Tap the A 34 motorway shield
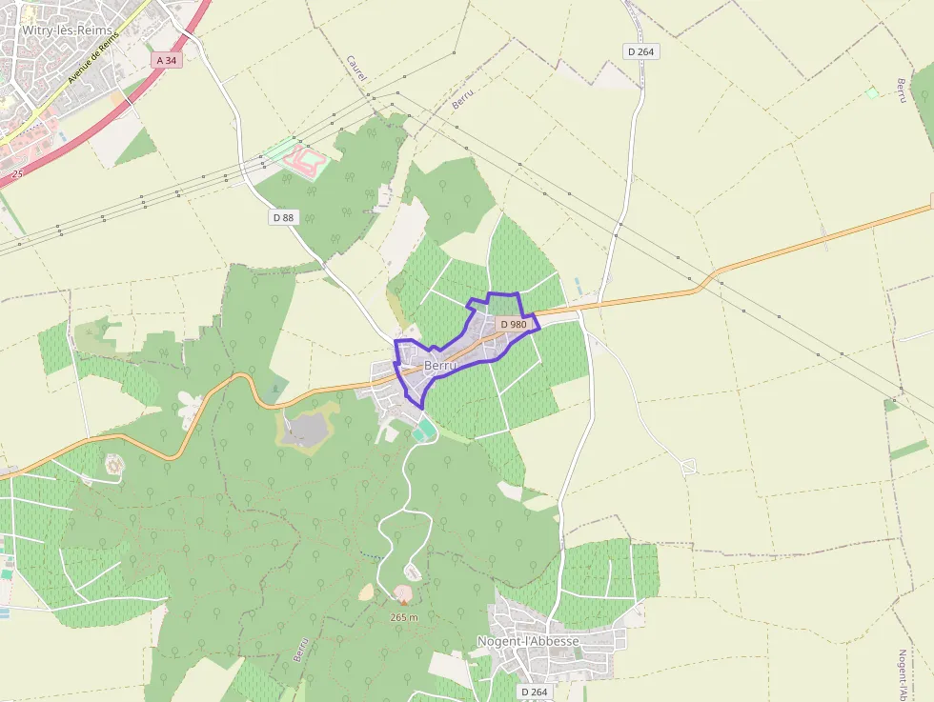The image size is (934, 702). (x=165, y=60)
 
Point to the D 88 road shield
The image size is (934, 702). (x=283, y=217)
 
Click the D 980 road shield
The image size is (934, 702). (x=513, y=324)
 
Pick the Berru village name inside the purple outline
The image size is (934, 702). (x=440, y=365)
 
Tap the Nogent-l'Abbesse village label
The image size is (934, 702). (x=528, y=641)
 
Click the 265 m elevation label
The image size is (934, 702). (x=404, y=617)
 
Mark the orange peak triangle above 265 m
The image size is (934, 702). (x=403, y=602)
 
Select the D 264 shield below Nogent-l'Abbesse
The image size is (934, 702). (x=534, y=692)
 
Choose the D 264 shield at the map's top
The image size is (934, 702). (x=642, y=50)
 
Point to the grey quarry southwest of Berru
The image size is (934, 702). (x=307, y=430)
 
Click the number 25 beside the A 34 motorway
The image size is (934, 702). (x=17, y=174)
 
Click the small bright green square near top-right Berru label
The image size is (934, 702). (x=870, y=92)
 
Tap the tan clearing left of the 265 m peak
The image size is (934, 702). (x=367, y=592)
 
